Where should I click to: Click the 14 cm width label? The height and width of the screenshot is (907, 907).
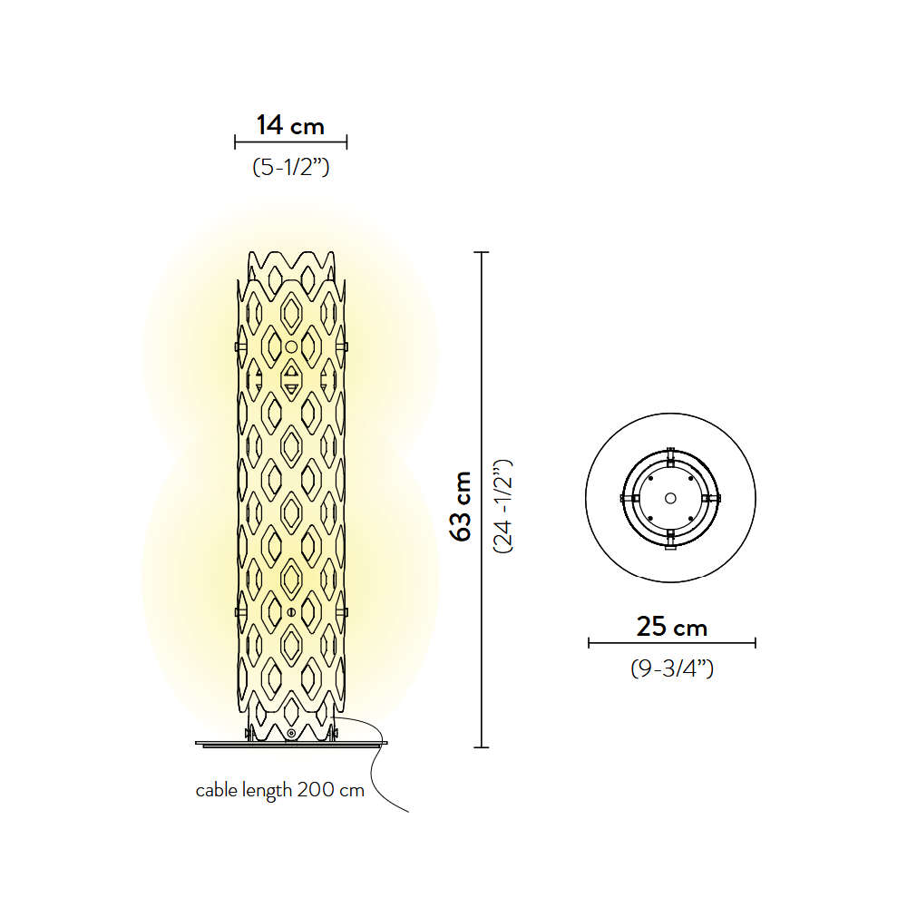point(290,125)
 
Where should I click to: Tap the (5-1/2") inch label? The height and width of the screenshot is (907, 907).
point(291,167)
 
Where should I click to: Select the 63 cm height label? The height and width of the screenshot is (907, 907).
point(462,507)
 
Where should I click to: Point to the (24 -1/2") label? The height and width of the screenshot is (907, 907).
point(502,507)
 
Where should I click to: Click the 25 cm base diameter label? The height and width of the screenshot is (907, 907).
point(671,627)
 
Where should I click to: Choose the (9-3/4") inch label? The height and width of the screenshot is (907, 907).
point(671,668)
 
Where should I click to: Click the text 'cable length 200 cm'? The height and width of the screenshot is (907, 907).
point(280,790)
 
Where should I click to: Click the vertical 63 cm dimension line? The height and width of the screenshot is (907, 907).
point(482,500)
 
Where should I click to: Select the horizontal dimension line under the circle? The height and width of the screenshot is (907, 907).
point(671,643)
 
